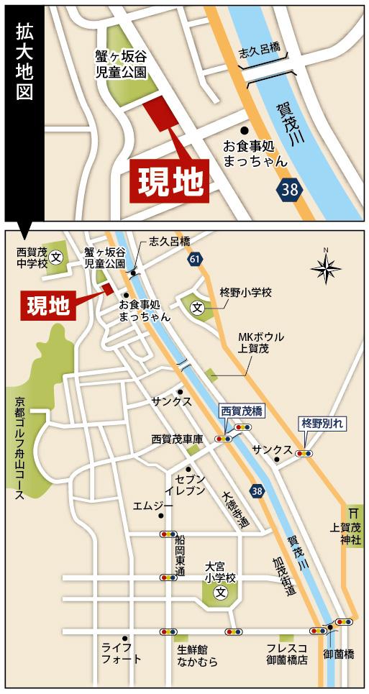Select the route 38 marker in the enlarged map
(x=290, y=190)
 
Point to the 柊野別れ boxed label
(x=323, y=424)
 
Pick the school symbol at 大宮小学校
(x=219, y=593)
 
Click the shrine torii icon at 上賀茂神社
(x=352, y=513)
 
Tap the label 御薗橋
(x=338, y=654)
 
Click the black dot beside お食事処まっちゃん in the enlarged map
(x=245, y=130)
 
